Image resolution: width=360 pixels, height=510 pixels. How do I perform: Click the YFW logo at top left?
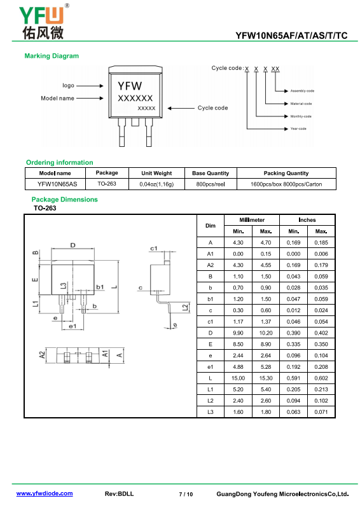43,22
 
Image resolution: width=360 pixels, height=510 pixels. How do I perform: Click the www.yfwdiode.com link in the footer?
45,493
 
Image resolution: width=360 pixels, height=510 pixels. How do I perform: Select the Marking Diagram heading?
52,56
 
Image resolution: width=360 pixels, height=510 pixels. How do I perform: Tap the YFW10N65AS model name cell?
57,184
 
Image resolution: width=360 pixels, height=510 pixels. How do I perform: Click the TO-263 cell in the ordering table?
107,184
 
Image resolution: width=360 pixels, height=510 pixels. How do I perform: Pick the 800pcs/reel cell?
211,184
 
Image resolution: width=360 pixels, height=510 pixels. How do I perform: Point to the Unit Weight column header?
156,173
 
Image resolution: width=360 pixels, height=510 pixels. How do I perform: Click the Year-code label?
298,128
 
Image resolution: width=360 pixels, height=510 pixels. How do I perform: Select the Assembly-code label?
302,91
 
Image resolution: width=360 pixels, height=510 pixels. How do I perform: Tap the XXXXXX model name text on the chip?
135,98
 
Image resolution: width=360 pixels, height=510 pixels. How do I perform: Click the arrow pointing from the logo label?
90,86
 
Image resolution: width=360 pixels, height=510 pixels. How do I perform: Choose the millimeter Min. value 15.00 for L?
238,378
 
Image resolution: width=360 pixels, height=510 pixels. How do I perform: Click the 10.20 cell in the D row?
266,333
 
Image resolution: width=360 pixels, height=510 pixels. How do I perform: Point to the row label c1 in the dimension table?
211,322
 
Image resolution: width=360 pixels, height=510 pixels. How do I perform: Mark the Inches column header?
307,220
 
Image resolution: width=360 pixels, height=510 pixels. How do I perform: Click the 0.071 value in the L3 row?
321,412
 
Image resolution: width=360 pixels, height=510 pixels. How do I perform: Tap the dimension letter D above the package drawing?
73,245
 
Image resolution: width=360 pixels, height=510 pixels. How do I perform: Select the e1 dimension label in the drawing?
73,326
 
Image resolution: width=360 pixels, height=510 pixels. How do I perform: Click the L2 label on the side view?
184,307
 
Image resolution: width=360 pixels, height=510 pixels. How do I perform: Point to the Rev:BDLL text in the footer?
119,493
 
